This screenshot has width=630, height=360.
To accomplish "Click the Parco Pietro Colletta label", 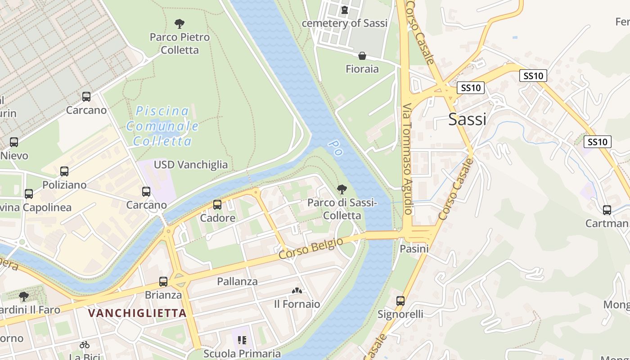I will click(x=180, y=43).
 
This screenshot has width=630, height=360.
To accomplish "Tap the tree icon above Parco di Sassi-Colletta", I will click(x=342, y=189).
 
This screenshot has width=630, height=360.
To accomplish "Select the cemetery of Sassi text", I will click(x=344, y=23).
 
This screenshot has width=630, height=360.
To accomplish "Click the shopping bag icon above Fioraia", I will click(x=362, y=56).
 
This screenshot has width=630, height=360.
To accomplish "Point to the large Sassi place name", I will click(x=467, y=119).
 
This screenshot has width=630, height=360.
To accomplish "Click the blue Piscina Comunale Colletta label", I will click(x=162, y=126).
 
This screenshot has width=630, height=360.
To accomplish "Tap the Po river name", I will click(x=335, y=148).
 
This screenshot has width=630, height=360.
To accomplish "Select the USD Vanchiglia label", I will click(x=191, y=165).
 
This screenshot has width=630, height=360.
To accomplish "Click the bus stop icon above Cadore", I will click(x=217, y=205).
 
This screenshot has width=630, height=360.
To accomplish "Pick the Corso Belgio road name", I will click(x=310, y=248).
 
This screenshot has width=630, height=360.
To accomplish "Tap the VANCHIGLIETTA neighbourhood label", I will click(x=137, y=313).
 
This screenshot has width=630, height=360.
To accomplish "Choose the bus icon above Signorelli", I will click(x=400, y=301).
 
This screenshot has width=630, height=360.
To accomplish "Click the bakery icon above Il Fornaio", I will click(x=297, y=291).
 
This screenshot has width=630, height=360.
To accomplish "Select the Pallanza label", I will click(x=237, y=282).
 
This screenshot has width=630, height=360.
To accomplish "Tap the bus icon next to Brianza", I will click(x=163, y=282).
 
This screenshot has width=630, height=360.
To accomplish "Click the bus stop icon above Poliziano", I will click(x=64, y=171).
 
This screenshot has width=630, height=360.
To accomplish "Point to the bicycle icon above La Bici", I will click(x=84, y=345).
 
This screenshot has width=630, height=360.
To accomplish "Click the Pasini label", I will click(x=414, y=248).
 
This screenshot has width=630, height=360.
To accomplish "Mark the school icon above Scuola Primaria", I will click(x=242, y=340).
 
